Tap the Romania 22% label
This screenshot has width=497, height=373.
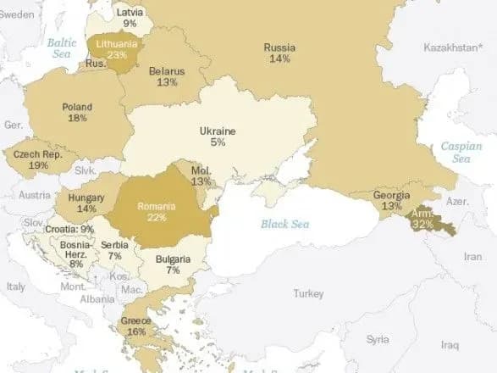[157, 212]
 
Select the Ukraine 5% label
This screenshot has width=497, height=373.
[218, 137]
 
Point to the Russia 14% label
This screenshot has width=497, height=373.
[279, 53]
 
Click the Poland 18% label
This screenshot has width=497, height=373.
[77, 113]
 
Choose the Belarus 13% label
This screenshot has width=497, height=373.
[166, 77]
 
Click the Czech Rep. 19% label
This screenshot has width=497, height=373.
[37, 159]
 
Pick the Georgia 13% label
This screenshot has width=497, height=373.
[391, 201]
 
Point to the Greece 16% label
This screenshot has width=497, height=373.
[136, 326]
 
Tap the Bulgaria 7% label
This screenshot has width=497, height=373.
[174, 264]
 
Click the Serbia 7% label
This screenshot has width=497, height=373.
[114, 250]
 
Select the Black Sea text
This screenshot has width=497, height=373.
[285, 224]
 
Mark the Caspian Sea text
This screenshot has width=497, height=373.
[461, 153]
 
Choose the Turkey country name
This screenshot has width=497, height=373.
[308, 293]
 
